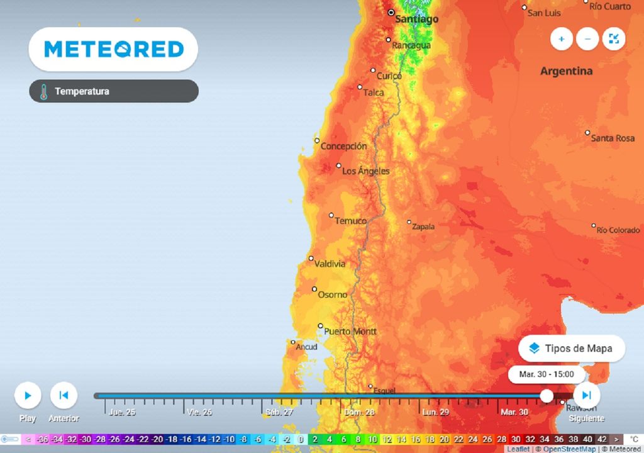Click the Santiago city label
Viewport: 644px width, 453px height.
(416, 20)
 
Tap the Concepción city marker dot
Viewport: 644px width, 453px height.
(318, 140)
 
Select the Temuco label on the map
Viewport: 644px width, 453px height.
(350, 221)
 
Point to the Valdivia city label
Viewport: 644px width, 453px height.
(330, 264)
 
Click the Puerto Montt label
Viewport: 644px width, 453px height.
(350, 332)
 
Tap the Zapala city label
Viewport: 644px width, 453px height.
(423, 226)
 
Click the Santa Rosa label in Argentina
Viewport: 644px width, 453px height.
(613, 138)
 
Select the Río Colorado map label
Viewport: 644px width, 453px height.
(618, 230)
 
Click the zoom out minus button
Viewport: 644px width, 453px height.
(587, 39)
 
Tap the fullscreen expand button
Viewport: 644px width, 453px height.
(614, 39)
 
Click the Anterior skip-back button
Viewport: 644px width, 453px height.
(64, 396)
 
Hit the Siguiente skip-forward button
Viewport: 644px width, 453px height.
(586, 395)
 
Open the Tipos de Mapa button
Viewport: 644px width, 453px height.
(572, 349)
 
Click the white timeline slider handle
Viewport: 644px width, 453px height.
(547, 396)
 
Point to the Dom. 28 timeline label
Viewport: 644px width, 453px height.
(360, 413)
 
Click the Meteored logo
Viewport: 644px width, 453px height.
(114, 49)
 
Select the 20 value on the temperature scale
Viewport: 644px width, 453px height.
(445, 439)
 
